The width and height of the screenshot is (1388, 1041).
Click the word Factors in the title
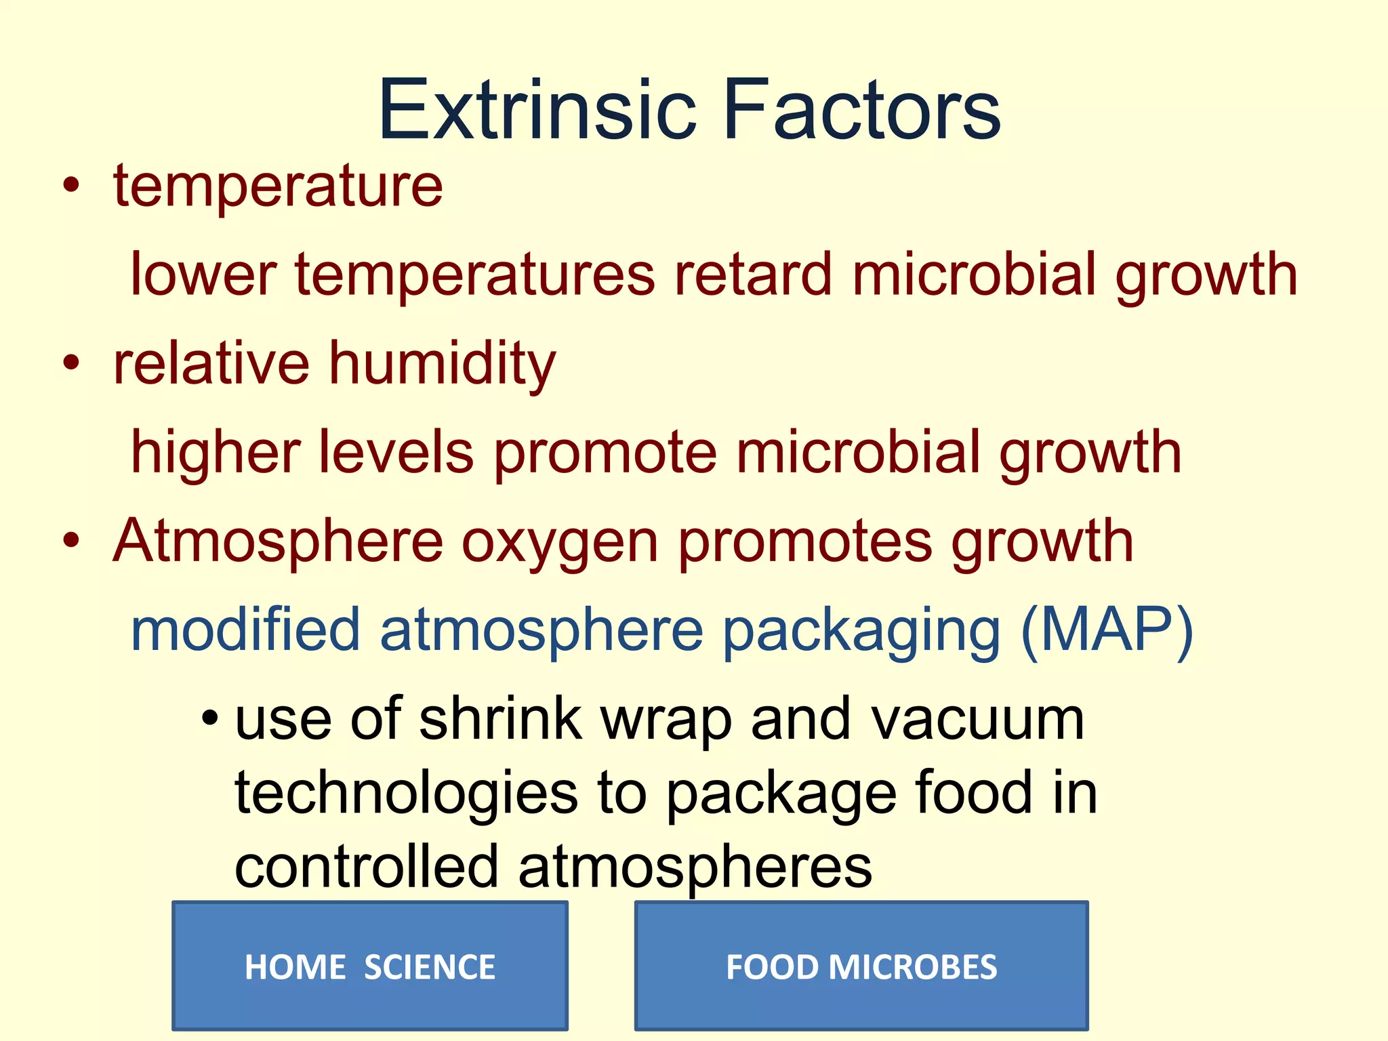coord(861,110)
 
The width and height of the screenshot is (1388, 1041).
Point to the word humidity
coord(443,364)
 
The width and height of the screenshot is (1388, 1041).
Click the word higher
coord(216,453)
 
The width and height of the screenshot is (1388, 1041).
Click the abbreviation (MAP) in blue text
coord(1106,630)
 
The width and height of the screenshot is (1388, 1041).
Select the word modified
coord(245,630)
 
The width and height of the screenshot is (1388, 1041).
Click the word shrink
coord(501,719)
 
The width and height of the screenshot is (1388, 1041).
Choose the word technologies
coord(406,794)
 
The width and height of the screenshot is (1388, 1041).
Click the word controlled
coord(367,867)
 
